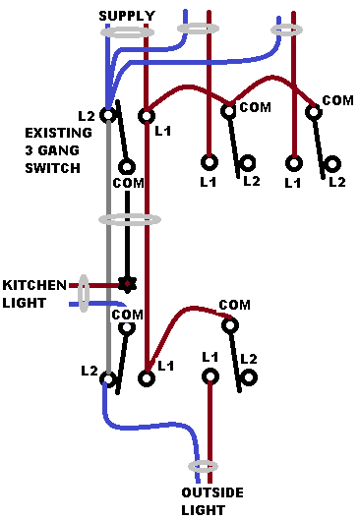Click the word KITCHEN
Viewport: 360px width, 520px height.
(x=33, y=285)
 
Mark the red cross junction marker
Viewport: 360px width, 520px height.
(x=126, y=284)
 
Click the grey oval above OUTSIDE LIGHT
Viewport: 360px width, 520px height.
(x=202, y=466)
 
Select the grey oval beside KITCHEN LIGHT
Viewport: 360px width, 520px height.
(x=85, y=294)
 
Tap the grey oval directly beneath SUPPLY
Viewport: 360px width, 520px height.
(x=128, y=31)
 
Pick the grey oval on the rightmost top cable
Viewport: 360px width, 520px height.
(x=287, y=30)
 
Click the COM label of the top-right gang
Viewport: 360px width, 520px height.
(x=337, y=101)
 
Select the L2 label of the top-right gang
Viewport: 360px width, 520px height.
(x=336, y=182)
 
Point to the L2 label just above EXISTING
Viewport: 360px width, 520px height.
(x=87, y=116)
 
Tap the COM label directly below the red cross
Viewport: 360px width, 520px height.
(x=127, y=315)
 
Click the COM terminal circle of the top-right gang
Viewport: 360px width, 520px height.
(x=314, y=113)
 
